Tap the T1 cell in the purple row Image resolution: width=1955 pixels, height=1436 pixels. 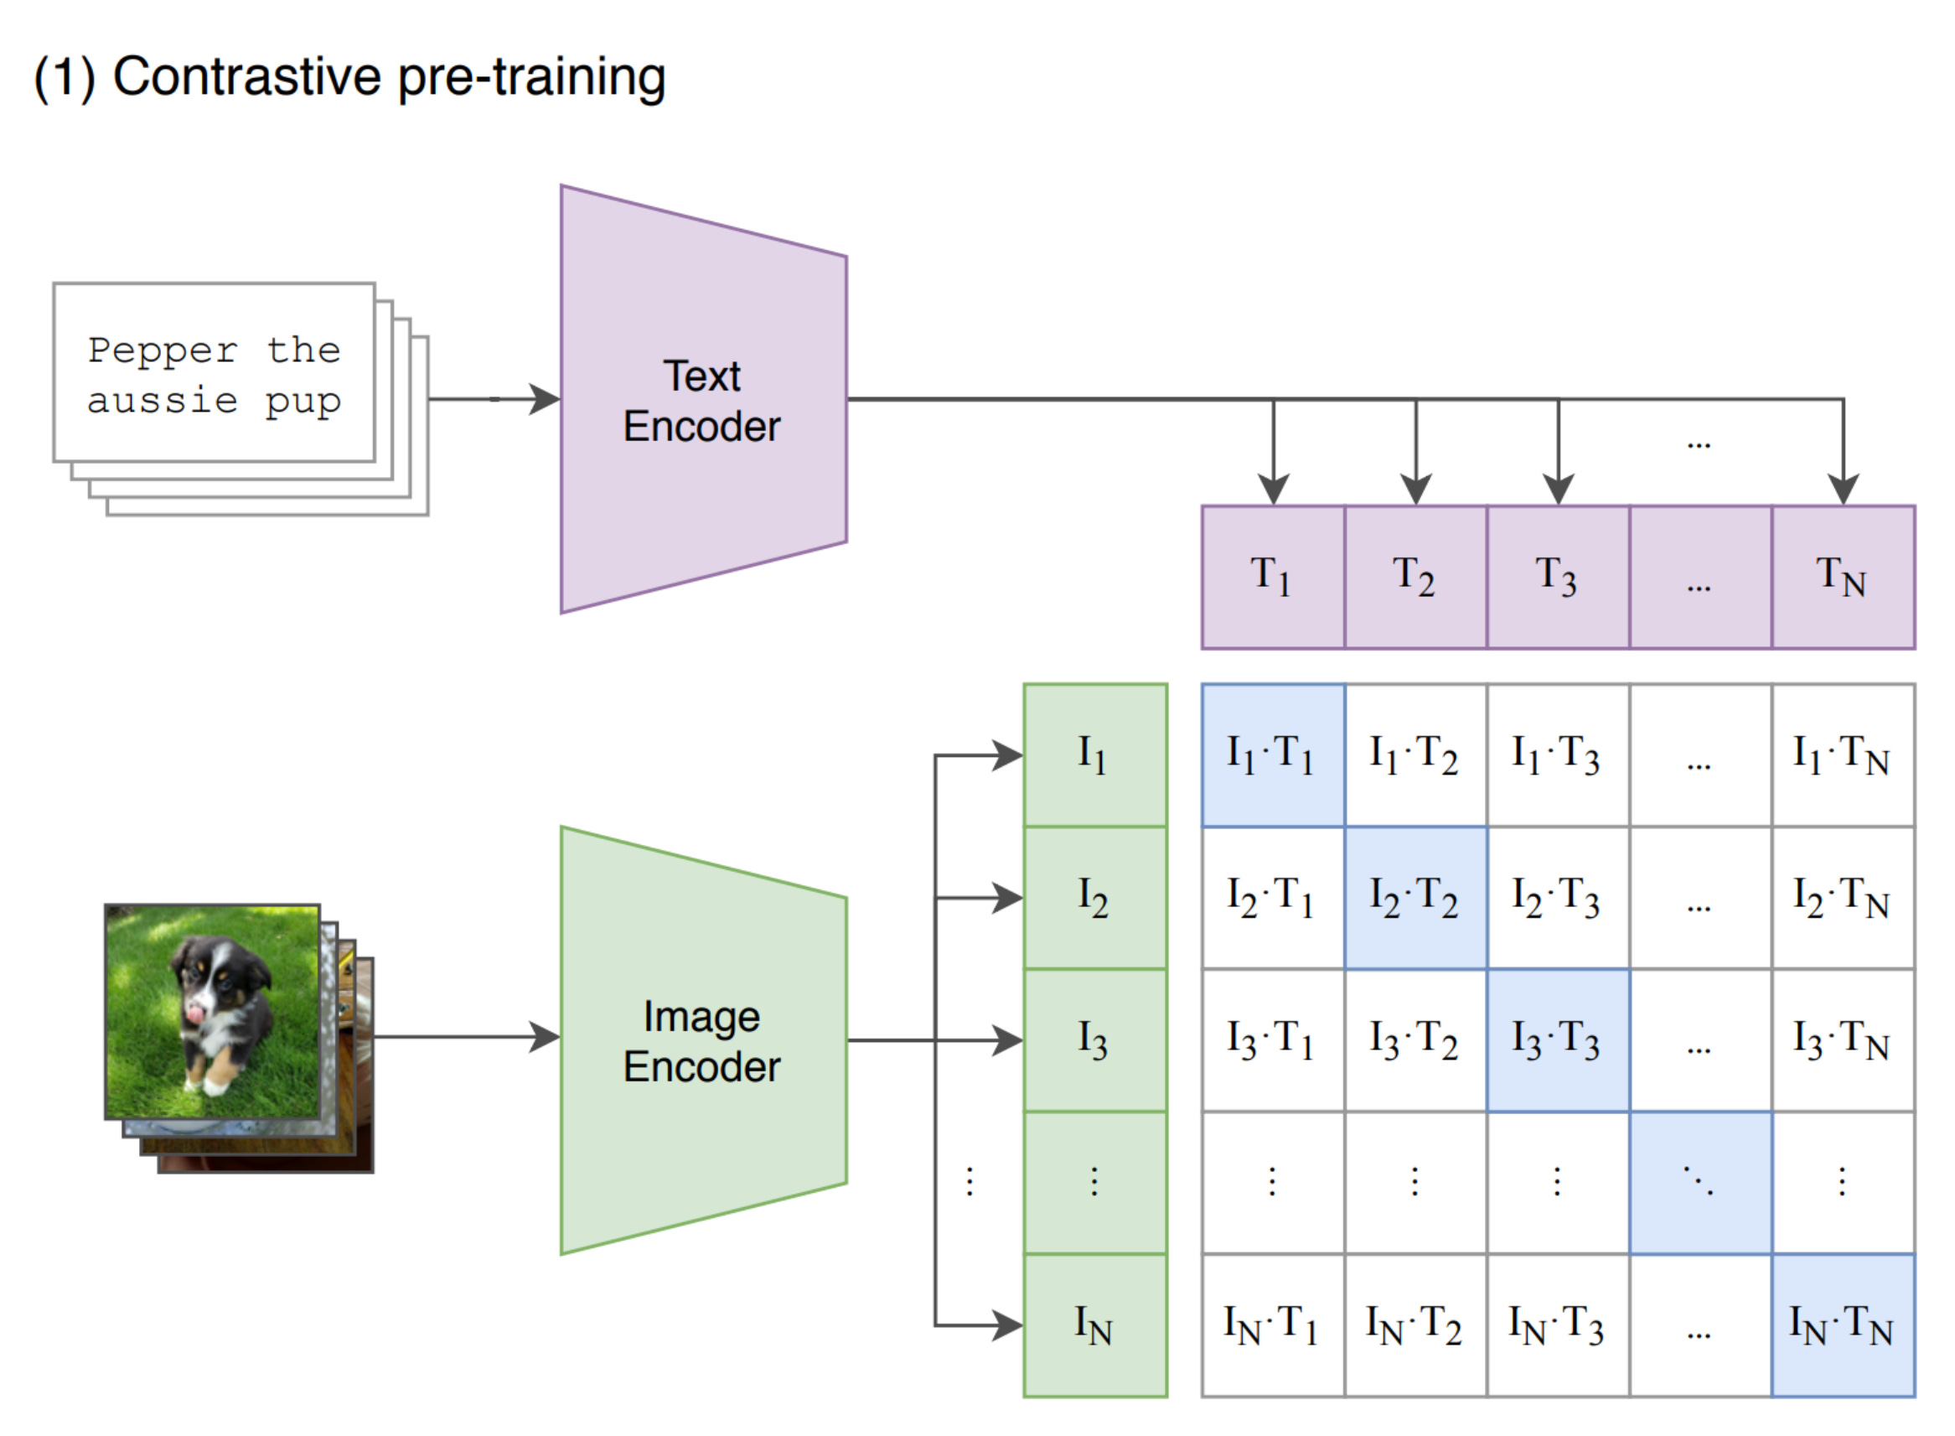(1272, 578)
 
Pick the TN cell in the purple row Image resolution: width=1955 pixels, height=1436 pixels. (1842, 578)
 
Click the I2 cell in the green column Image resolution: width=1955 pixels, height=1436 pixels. (1094, 898)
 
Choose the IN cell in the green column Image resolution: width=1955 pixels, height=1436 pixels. (1094, 1325)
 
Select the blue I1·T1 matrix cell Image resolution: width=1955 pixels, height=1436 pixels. (1272, 755)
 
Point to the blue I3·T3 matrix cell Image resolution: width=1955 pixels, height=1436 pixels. (1557, 1040)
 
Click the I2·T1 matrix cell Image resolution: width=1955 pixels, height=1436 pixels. (1272, 898)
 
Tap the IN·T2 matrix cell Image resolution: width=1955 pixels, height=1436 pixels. (1415, 1325)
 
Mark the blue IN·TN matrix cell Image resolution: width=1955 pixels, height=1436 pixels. (1842, 1325)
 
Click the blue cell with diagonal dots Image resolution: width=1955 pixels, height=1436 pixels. (1699, 1182)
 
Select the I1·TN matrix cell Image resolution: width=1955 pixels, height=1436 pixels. (1842, 755)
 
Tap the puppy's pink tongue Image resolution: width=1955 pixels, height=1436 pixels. (195, 1013)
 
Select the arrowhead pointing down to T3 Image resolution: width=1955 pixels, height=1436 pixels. (1558, 490)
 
